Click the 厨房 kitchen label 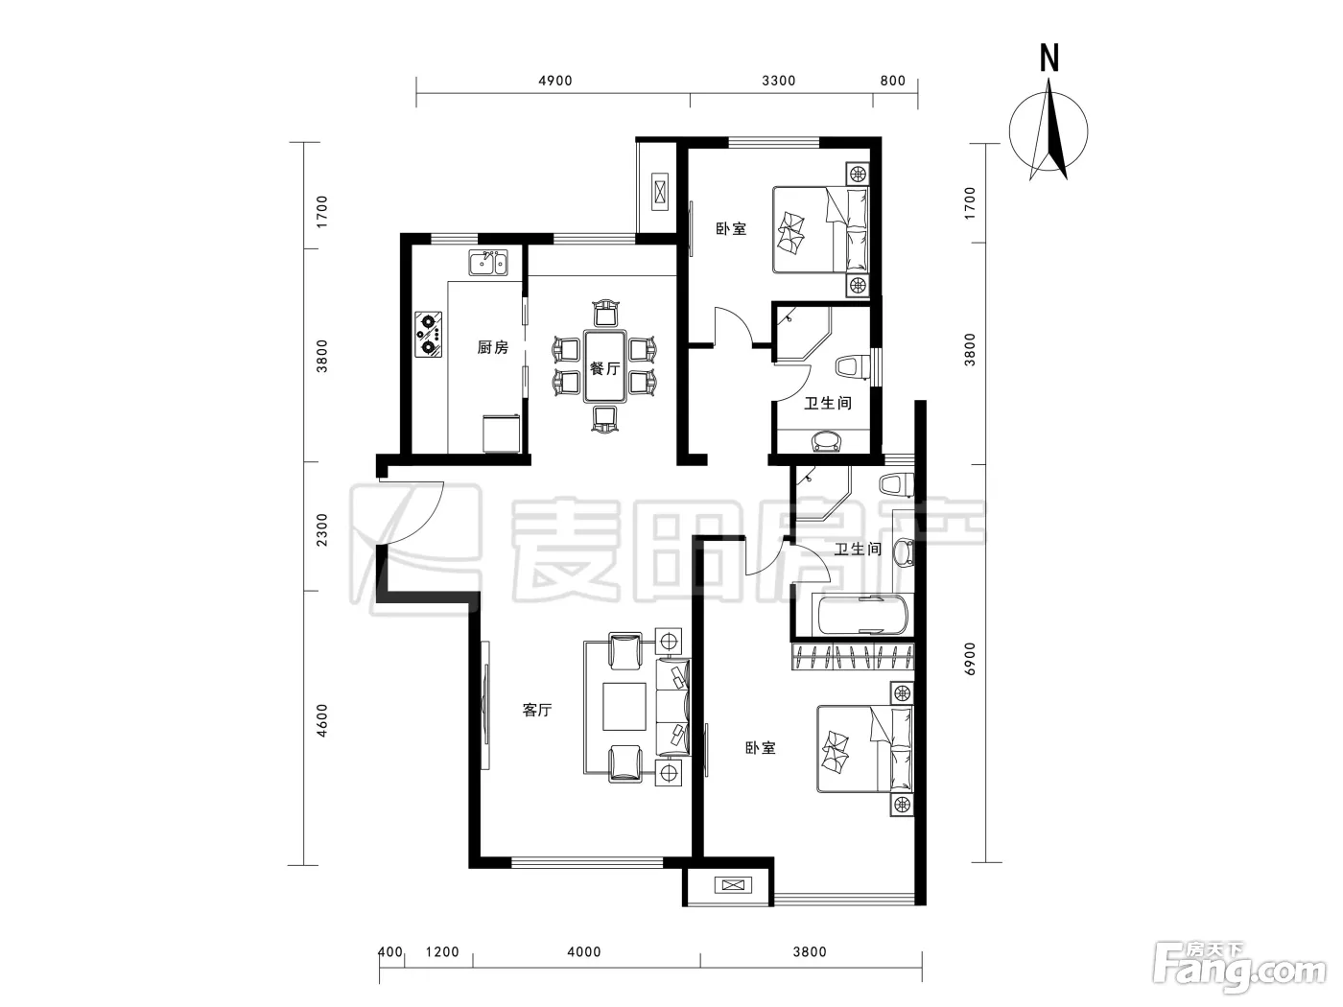point(492,347)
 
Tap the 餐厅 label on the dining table point(604,368)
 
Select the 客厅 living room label point(537,710)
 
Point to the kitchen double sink point(488,262)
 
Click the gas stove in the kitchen point(428,335)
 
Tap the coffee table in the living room point(624,706)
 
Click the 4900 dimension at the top point(554,81)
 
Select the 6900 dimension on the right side point(970,659)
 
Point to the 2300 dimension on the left point(321,529)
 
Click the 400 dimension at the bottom point(390,952)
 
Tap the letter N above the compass point(1049,59)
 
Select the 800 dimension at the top point(893,81)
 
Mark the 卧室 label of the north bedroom point(731,228)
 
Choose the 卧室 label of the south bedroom point(761,748)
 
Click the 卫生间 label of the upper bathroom point(828,403)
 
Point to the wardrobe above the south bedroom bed point(853,657)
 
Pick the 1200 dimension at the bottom point(442,952)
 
